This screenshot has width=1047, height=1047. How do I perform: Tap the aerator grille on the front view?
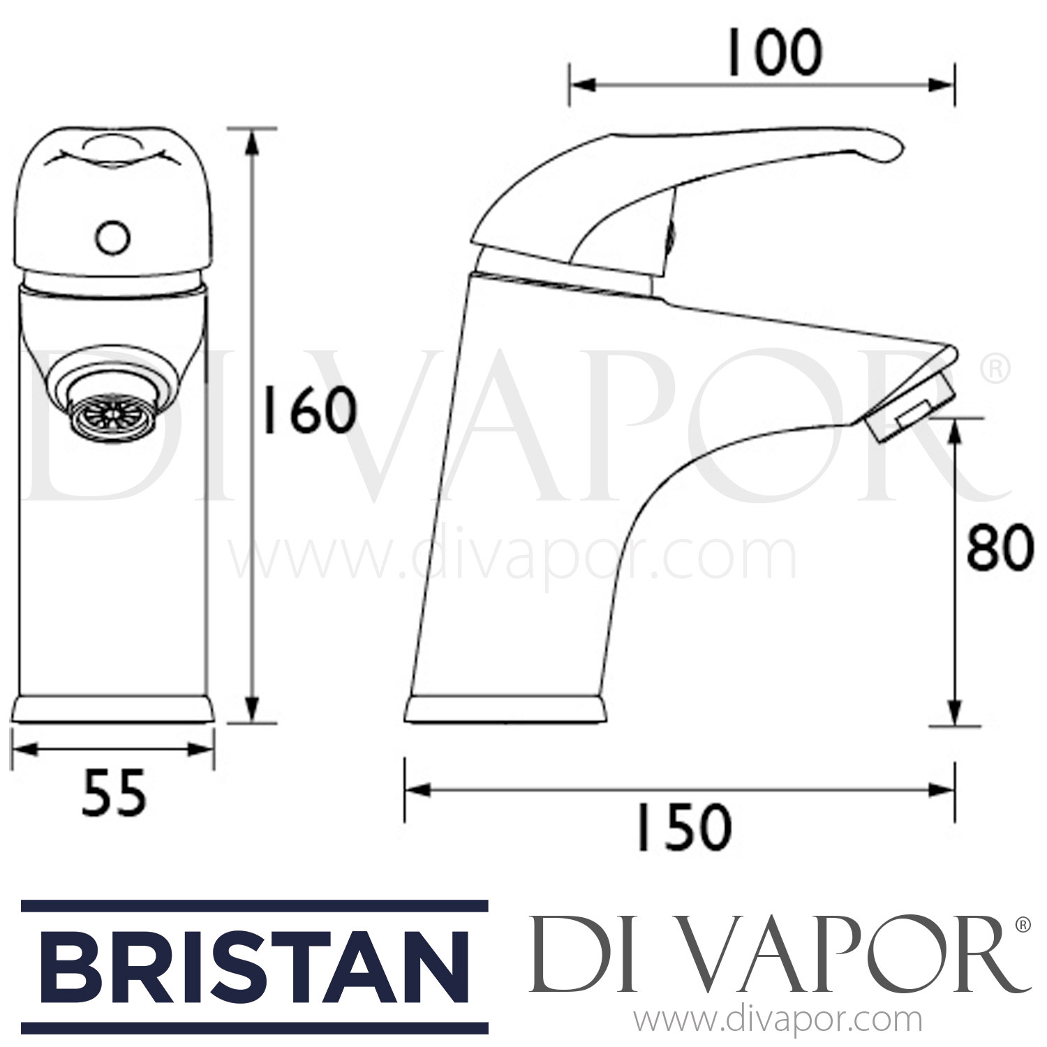(x=97, y=418)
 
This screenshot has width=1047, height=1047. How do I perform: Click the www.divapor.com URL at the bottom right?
(x=781, y=1020)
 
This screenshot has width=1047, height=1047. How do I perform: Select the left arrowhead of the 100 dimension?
(x=579, y=86)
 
